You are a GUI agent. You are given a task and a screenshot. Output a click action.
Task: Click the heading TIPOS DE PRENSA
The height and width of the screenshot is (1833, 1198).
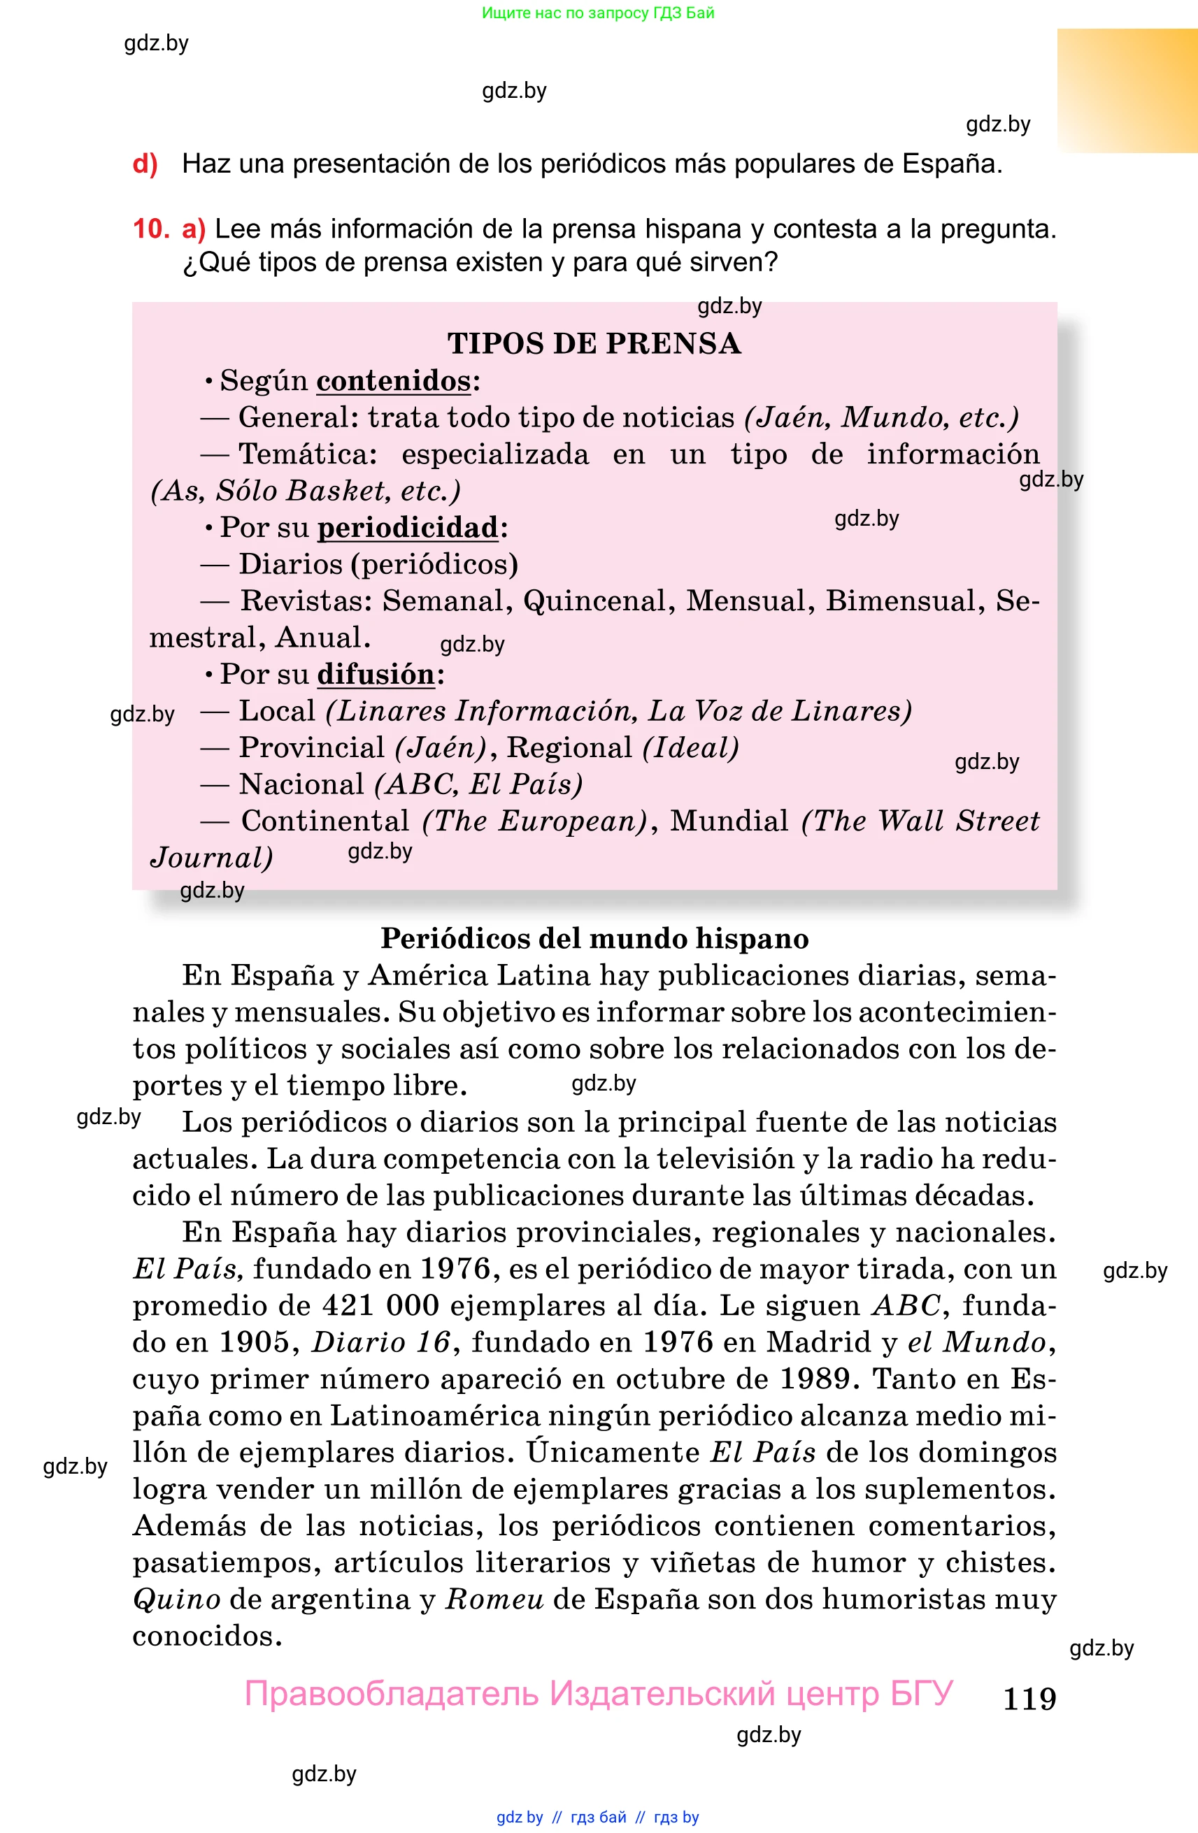click(594, 343)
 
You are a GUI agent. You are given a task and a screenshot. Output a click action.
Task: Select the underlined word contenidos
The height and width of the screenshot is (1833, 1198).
click(394, 381)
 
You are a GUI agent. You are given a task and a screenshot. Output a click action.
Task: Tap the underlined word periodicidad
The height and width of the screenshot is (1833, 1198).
click(408, 528)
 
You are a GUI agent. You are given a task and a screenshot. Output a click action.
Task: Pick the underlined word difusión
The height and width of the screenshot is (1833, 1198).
click(376, 675)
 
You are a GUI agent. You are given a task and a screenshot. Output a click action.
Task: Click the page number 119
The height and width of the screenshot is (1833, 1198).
click(1029, 1698)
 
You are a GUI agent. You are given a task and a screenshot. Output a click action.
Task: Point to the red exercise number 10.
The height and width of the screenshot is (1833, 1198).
click(150, 229)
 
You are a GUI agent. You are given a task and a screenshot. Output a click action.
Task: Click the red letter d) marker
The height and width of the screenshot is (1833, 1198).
click(145, 164)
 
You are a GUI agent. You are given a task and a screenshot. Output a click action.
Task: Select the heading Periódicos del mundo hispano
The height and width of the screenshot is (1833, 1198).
click(594, 939)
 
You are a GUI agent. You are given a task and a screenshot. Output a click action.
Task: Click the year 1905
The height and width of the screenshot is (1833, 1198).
click(252, 1342)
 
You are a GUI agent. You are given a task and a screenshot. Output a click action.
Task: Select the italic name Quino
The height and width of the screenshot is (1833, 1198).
click(176, 1599)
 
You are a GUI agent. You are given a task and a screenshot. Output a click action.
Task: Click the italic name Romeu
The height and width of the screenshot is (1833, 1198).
click(494, 1599)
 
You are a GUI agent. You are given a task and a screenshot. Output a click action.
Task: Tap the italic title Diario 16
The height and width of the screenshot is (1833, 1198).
click(380, 1342)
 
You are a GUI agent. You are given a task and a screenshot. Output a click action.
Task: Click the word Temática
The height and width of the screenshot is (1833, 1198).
click(306, 454)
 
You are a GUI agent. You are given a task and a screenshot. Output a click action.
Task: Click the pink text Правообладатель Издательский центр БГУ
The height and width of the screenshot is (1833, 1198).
click(599, 1694)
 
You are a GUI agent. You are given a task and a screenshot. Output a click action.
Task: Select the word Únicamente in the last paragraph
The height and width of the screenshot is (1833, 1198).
click(613, 1453)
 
